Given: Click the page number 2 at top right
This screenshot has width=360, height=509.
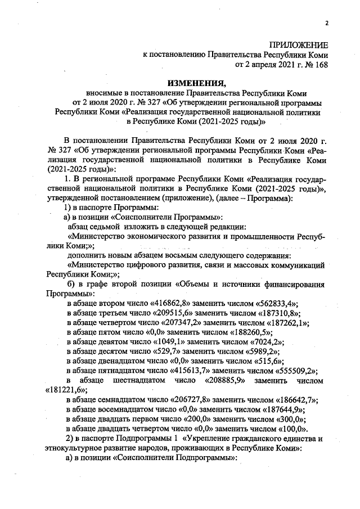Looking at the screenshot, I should (x=326, y=23).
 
